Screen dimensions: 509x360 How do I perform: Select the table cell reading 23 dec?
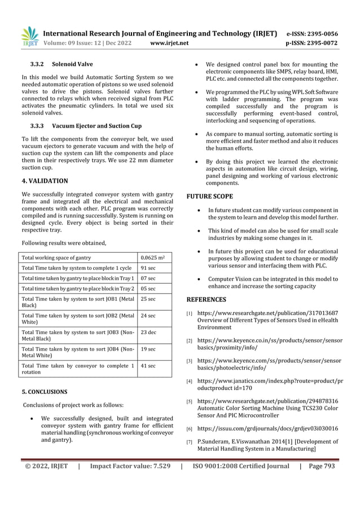[x=148, y=332]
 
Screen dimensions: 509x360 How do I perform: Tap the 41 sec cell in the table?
[x=148, y=366]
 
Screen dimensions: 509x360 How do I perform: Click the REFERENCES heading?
[x=207, y=299]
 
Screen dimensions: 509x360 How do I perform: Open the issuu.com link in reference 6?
[x=267, y=429]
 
